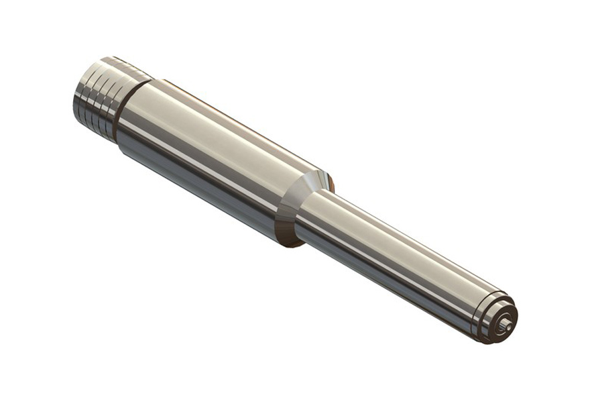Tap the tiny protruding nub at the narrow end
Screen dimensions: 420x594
505,325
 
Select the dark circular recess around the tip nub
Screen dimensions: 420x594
502,323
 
